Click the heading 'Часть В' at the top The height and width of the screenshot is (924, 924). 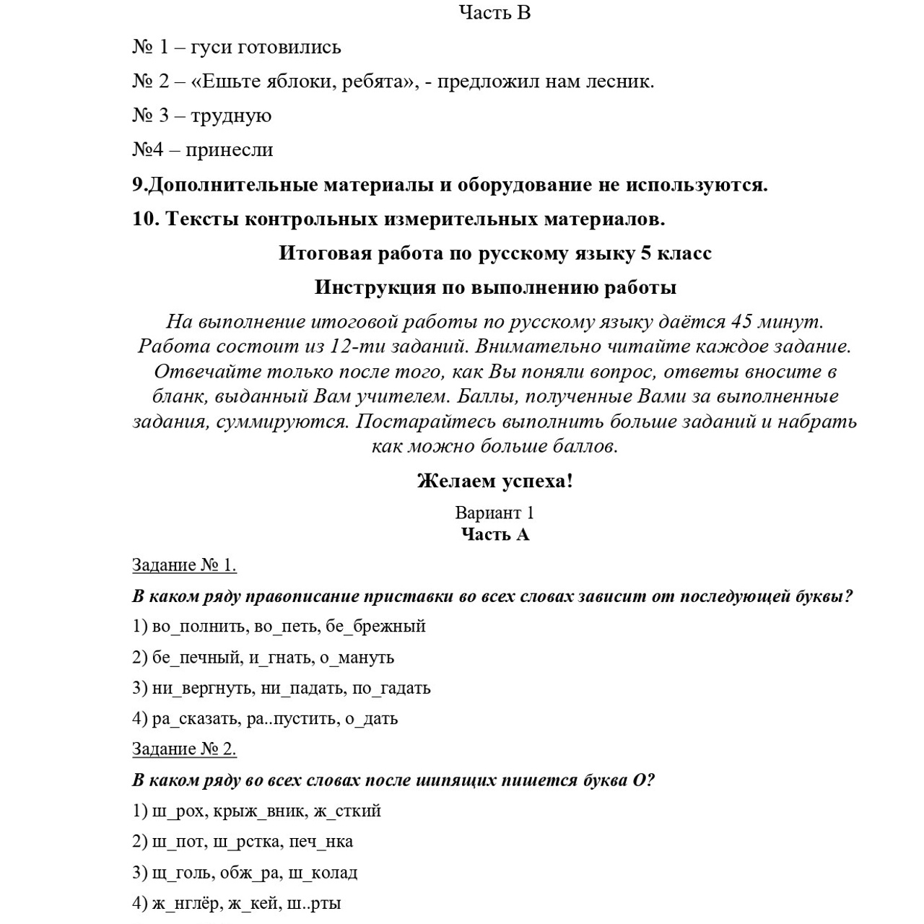pos(494,13)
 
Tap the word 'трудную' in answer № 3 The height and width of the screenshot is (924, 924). pos(231,115)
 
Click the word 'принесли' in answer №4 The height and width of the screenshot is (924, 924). pos(229,150)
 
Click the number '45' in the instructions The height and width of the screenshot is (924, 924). pos(741,321)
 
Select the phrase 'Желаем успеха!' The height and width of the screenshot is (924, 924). pos(494,481)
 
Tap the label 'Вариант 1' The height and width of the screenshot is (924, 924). pos(494,513)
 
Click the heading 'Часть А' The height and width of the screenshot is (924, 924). pos(494,534)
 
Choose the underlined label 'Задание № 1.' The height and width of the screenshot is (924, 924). pos(184,565)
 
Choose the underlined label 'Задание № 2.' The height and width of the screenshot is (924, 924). pos(184,749)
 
